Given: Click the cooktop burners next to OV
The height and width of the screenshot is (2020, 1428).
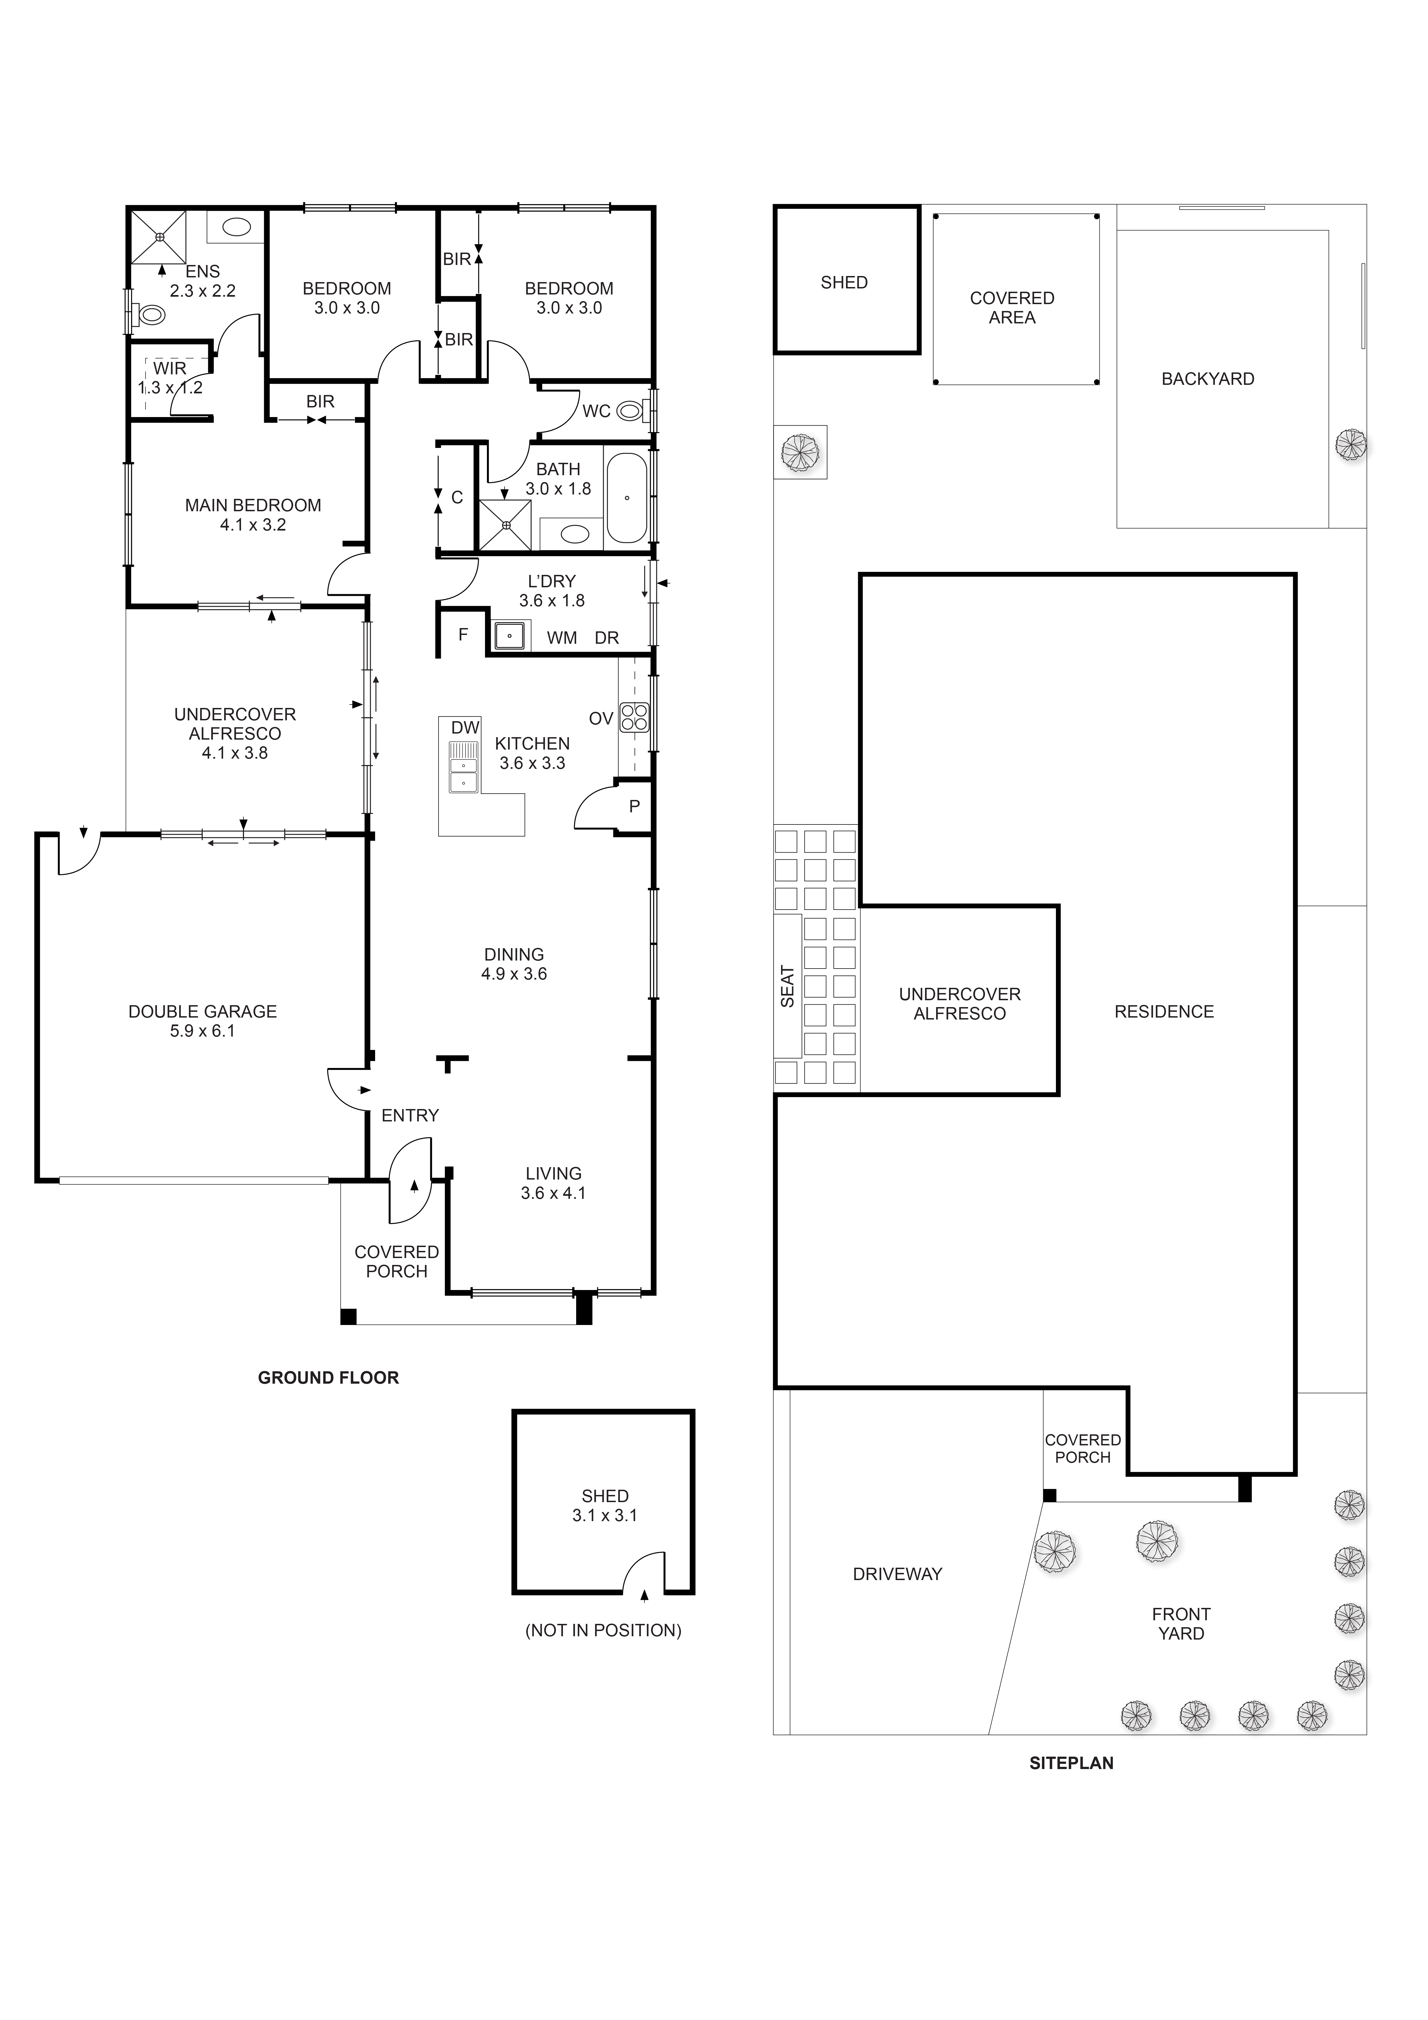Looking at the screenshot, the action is [633, 718].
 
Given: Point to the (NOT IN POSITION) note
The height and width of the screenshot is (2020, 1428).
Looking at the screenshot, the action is [604, 1630].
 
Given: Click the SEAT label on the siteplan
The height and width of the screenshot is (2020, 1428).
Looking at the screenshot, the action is [787, 986].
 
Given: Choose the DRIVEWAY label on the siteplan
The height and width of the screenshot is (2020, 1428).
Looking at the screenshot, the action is [898, 1574].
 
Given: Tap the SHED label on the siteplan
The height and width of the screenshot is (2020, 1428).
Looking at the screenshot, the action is [844, 282].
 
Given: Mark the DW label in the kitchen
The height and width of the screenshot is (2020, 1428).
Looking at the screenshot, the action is [465, 728].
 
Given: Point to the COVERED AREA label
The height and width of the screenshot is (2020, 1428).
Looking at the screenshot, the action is [1012, 308].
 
